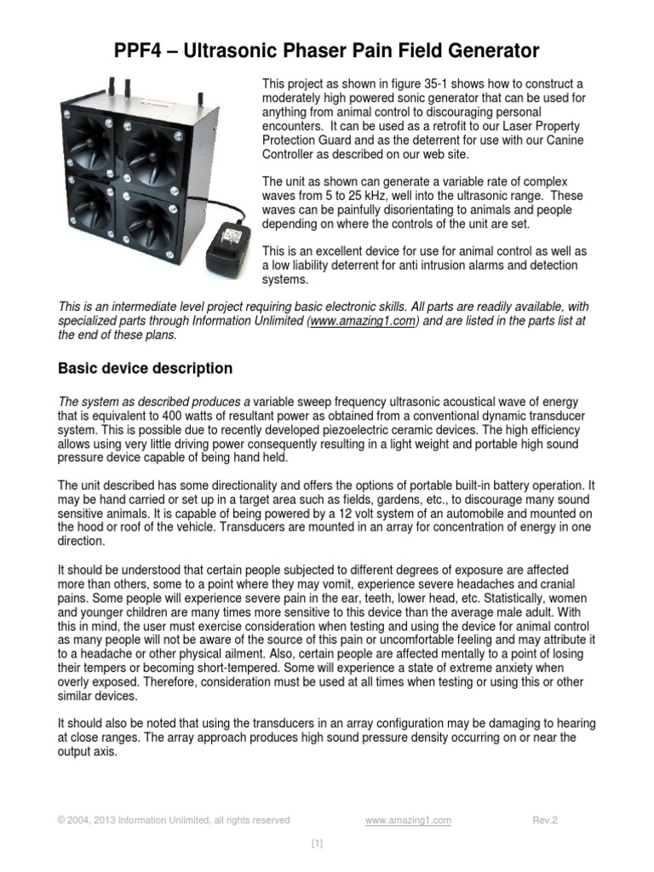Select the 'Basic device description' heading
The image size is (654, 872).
point(145,369)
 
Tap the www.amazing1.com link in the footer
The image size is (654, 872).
point(408,821)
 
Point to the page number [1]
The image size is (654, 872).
point(317,844)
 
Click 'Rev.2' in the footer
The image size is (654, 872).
point(545,821)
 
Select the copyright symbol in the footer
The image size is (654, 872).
point(61,821)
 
